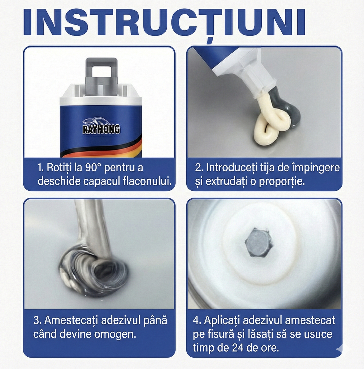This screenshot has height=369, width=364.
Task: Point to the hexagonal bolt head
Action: (x=257, y=243)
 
